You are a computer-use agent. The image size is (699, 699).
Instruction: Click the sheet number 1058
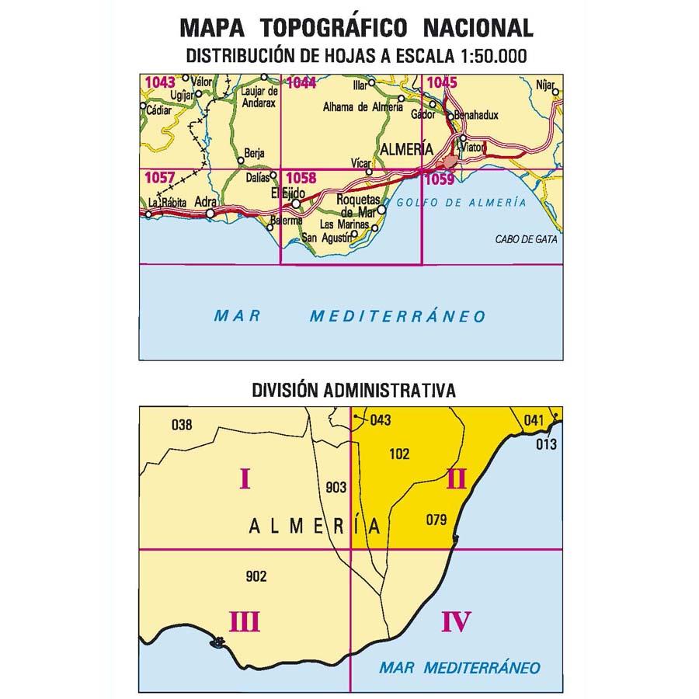click(301, 179)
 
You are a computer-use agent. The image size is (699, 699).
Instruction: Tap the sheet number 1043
click(160, 81)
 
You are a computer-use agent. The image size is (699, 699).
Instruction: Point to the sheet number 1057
click(160, 179)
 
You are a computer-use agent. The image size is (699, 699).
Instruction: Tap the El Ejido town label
click(285, 193)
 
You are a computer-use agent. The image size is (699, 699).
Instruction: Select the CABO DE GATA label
click(526, 239)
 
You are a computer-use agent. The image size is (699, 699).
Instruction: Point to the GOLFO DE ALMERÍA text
click(461, 203)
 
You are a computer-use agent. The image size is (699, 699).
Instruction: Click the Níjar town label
click(547, 81)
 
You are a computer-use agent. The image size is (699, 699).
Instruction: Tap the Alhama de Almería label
click(363, 108)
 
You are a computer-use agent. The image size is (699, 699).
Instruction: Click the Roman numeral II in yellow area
click(456, 481)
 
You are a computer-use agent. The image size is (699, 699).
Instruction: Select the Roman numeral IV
click(456, 621)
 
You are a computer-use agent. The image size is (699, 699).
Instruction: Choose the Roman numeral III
click(244, 621)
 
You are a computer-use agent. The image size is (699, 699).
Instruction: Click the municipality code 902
click(256, 576)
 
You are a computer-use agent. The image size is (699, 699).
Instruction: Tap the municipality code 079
click(437, 520)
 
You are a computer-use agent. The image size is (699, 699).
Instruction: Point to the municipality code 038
click(180, 424)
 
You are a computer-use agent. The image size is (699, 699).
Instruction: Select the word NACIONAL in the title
click(478, 29)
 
